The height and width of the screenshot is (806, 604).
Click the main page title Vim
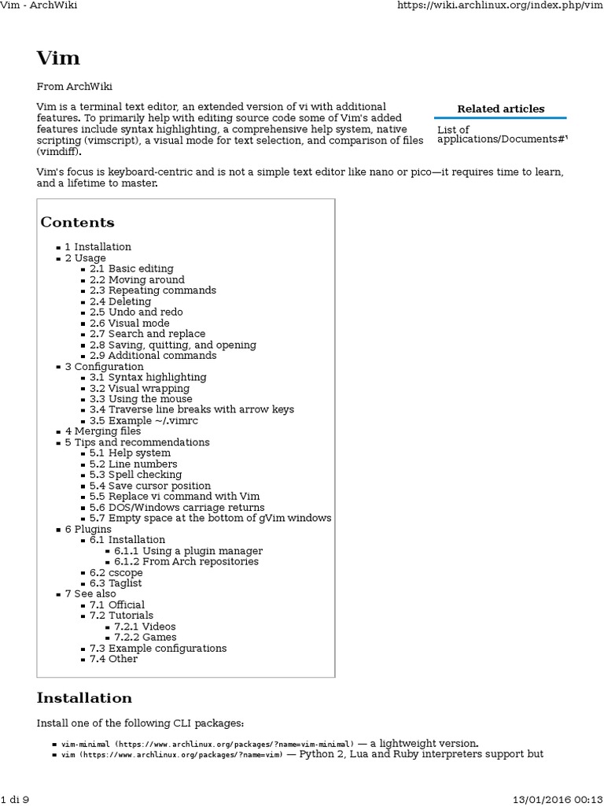57,57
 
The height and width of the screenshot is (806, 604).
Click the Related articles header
500,109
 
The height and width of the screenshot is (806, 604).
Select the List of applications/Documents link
501,135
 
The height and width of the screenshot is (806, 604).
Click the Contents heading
77,222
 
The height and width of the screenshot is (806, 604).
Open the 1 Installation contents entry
98,246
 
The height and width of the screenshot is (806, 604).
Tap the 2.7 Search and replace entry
147,334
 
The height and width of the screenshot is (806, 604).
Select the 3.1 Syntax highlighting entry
148,377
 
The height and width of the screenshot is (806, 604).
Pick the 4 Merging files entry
103,431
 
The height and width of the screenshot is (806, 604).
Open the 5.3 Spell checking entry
135,475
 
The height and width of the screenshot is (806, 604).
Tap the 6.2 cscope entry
116,572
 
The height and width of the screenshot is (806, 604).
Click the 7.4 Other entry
113,659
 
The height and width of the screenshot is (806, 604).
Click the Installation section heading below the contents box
84,698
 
